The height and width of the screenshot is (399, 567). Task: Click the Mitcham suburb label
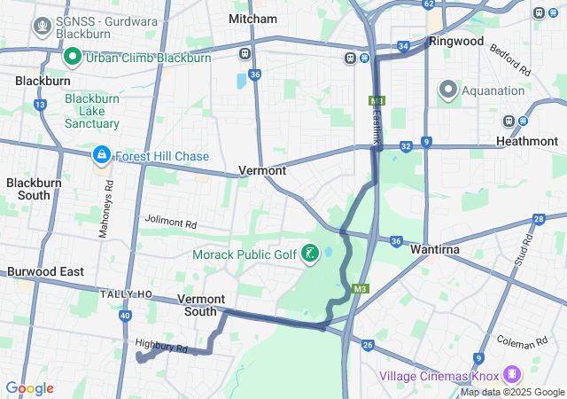click(246, 18)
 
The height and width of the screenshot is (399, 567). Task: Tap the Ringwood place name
click(456, 41)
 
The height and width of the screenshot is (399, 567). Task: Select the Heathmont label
click(527, 141)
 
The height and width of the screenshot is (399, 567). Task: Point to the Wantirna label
click(433, 250)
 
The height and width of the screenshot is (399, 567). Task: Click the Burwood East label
click(45, 271)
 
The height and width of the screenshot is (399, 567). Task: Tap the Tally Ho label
click(127, 293)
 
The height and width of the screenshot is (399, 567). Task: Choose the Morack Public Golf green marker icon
click(309, 255)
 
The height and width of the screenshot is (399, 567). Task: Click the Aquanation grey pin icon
click(448, 90)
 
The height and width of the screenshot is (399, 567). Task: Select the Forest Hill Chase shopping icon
click(102, 156)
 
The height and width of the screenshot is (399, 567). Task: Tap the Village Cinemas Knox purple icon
click(511, 375)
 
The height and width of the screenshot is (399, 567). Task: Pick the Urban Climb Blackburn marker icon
click(73, 58)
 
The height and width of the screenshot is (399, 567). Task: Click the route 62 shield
click(429, 4)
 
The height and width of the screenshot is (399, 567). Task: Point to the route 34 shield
click(403, 45)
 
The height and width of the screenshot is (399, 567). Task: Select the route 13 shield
click(40, 105)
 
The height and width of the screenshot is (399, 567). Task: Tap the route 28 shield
click(538, 219)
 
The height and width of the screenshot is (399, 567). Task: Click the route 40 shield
click(125, 315)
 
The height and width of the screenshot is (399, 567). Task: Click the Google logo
click(29, 388)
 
